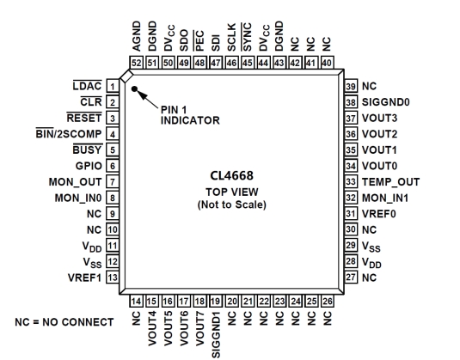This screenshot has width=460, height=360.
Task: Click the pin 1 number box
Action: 113,87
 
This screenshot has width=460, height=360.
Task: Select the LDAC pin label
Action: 88,86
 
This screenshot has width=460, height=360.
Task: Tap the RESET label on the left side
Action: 84,118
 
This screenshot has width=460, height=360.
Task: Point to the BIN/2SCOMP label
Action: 69,134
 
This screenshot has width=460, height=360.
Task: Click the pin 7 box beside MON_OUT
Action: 113,182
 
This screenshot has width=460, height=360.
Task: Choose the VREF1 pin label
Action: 84,278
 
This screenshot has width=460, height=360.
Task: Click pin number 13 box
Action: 113,278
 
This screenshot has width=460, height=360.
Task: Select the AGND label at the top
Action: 137,36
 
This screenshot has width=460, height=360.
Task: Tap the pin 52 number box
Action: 137,63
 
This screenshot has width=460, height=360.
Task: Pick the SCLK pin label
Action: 232,38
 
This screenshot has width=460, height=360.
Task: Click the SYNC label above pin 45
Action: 247,37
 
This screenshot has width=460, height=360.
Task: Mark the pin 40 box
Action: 327,63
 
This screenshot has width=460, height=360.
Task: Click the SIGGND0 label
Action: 386,102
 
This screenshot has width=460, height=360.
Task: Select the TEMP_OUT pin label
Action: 390,182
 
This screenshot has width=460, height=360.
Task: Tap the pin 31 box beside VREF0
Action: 351,214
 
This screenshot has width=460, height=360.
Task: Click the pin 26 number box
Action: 327,301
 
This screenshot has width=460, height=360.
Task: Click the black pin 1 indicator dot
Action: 134,88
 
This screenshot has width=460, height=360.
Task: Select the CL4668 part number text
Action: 232,175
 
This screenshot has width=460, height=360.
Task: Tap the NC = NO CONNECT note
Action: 64,322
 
